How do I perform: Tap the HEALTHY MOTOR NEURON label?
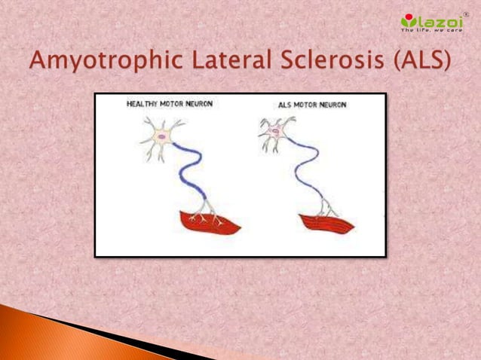click(169, 104)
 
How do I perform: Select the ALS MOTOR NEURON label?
click(312, 105)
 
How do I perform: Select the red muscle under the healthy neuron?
click(209, 224)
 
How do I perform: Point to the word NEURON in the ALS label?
click(331, 105)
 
